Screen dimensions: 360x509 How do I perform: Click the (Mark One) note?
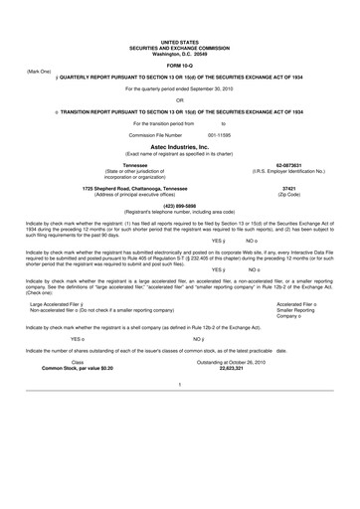tap(39, 73)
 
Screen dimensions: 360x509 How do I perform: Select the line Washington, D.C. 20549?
tap(180, 51)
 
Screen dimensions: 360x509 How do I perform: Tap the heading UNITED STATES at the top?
tap(180, 41)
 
